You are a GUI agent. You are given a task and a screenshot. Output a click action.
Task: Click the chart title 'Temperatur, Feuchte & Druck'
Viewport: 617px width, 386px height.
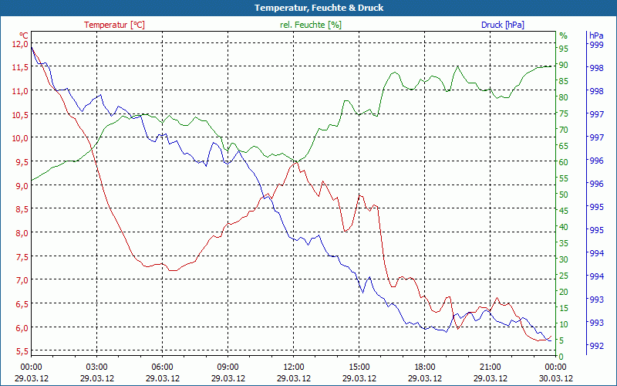(308, 8)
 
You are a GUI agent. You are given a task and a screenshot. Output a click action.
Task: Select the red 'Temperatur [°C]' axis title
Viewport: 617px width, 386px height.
(114, 25)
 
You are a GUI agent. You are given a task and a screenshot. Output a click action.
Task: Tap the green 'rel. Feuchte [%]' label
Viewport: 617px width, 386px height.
(311, 25)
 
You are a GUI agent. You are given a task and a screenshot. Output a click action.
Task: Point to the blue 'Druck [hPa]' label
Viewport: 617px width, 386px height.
(503, 25)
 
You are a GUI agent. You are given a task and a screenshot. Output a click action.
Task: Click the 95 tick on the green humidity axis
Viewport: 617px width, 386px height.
(563, 48)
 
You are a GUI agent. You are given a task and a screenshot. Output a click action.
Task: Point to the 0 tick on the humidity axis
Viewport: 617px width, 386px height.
(563, 357)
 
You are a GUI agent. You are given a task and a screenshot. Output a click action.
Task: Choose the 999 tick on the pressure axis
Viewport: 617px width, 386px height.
(596, 45)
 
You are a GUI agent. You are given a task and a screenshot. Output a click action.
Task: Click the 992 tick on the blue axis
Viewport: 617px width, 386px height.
(596, 345)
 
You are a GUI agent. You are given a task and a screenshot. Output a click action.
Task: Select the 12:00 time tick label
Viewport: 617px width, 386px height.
(294, 366)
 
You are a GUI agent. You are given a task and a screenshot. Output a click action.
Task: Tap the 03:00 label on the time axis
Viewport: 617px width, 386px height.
(96, 366)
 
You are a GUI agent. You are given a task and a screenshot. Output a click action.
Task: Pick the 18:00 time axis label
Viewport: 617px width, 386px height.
(425, 366)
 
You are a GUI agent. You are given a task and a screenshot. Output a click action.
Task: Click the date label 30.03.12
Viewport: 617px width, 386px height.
(556, 378)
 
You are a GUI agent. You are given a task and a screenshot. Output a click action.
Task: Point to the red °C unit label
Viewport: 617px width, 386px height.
(23, 35)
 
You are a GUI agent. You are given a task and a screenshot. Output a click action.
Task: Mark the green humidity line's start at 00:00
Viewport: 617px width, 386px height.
(32, 181)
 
